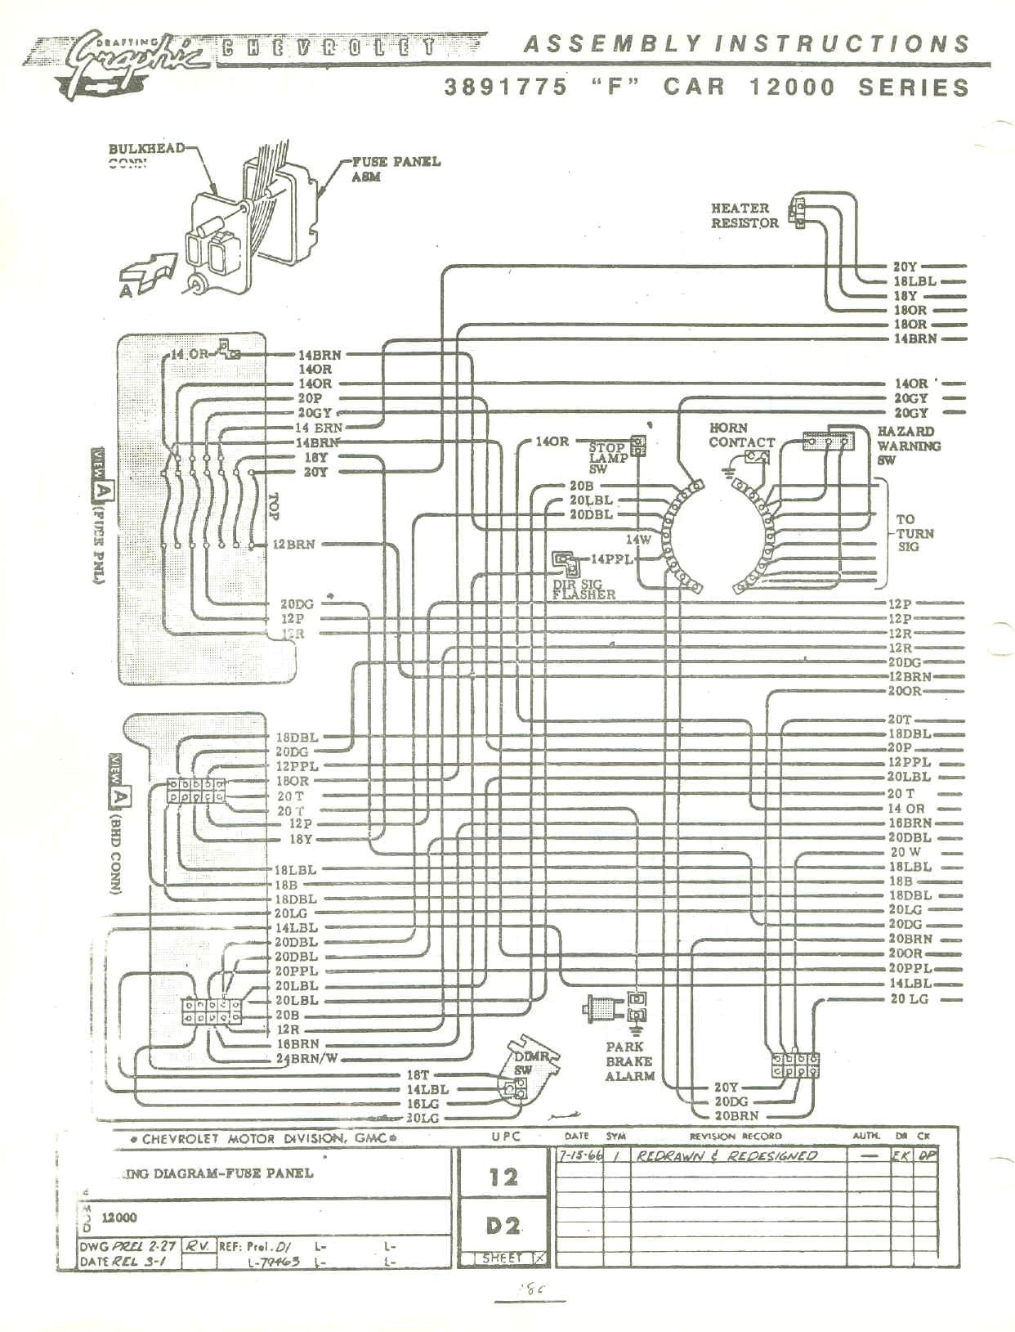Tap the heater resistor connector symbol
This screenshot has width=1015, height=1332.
pyautogui.click(x=798, y=210)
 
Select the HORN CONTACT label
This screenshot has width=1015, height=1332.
pyautogui.click(x=741, y=435)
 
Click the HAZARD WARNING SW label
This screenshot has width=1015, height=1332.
pyautogui.click(x=908, y=445)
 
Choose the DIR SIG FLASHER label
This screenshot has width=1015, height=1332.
pyautogui.click(x=584, y=590)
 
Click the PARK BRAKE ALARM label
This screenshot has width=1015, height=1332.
pyautogui.click(x=629, y=1061)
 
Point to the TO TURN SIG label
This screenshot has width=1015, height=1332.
pyautogui.click(x=914, y=532)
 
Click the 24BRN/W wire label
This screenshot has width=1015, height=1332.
pyautogui.click(x=306, y=1059)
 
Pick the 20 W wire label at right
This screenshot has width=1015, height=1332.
pyautogui.click(x=905, y=852)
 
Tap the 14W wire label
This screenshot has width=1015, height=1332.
pyautogui.click(x=637, y=540)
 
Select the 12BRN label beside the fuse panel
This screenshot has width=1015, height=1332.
pyautogui.click(x=293, y=545)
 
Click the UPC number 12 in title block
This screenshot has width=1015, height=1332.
pyautogui.click(x=504, y=1177)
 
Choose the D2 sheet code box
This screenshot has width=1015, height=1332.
pyautogui.click(x=504, y=1227)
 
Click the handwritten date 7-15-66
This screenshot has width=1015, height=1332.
pyautogui.click(x=578, y=1156)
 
